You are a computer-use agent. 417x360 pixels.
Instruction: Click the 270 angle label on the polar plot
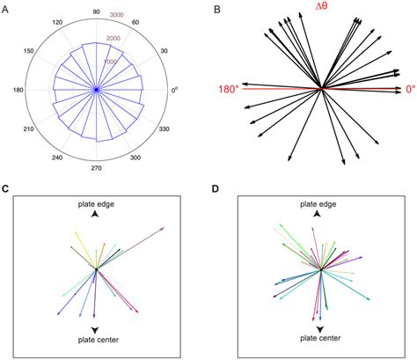coord(96,166)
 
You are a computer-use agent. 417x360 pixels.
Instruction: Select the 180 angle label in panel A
coord(17,89)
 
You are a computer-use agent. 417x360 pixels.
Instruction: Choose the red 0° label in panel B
coord(410,89)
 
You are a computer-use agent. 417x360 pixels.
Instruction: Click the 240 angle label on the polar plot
coord(56,158)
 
